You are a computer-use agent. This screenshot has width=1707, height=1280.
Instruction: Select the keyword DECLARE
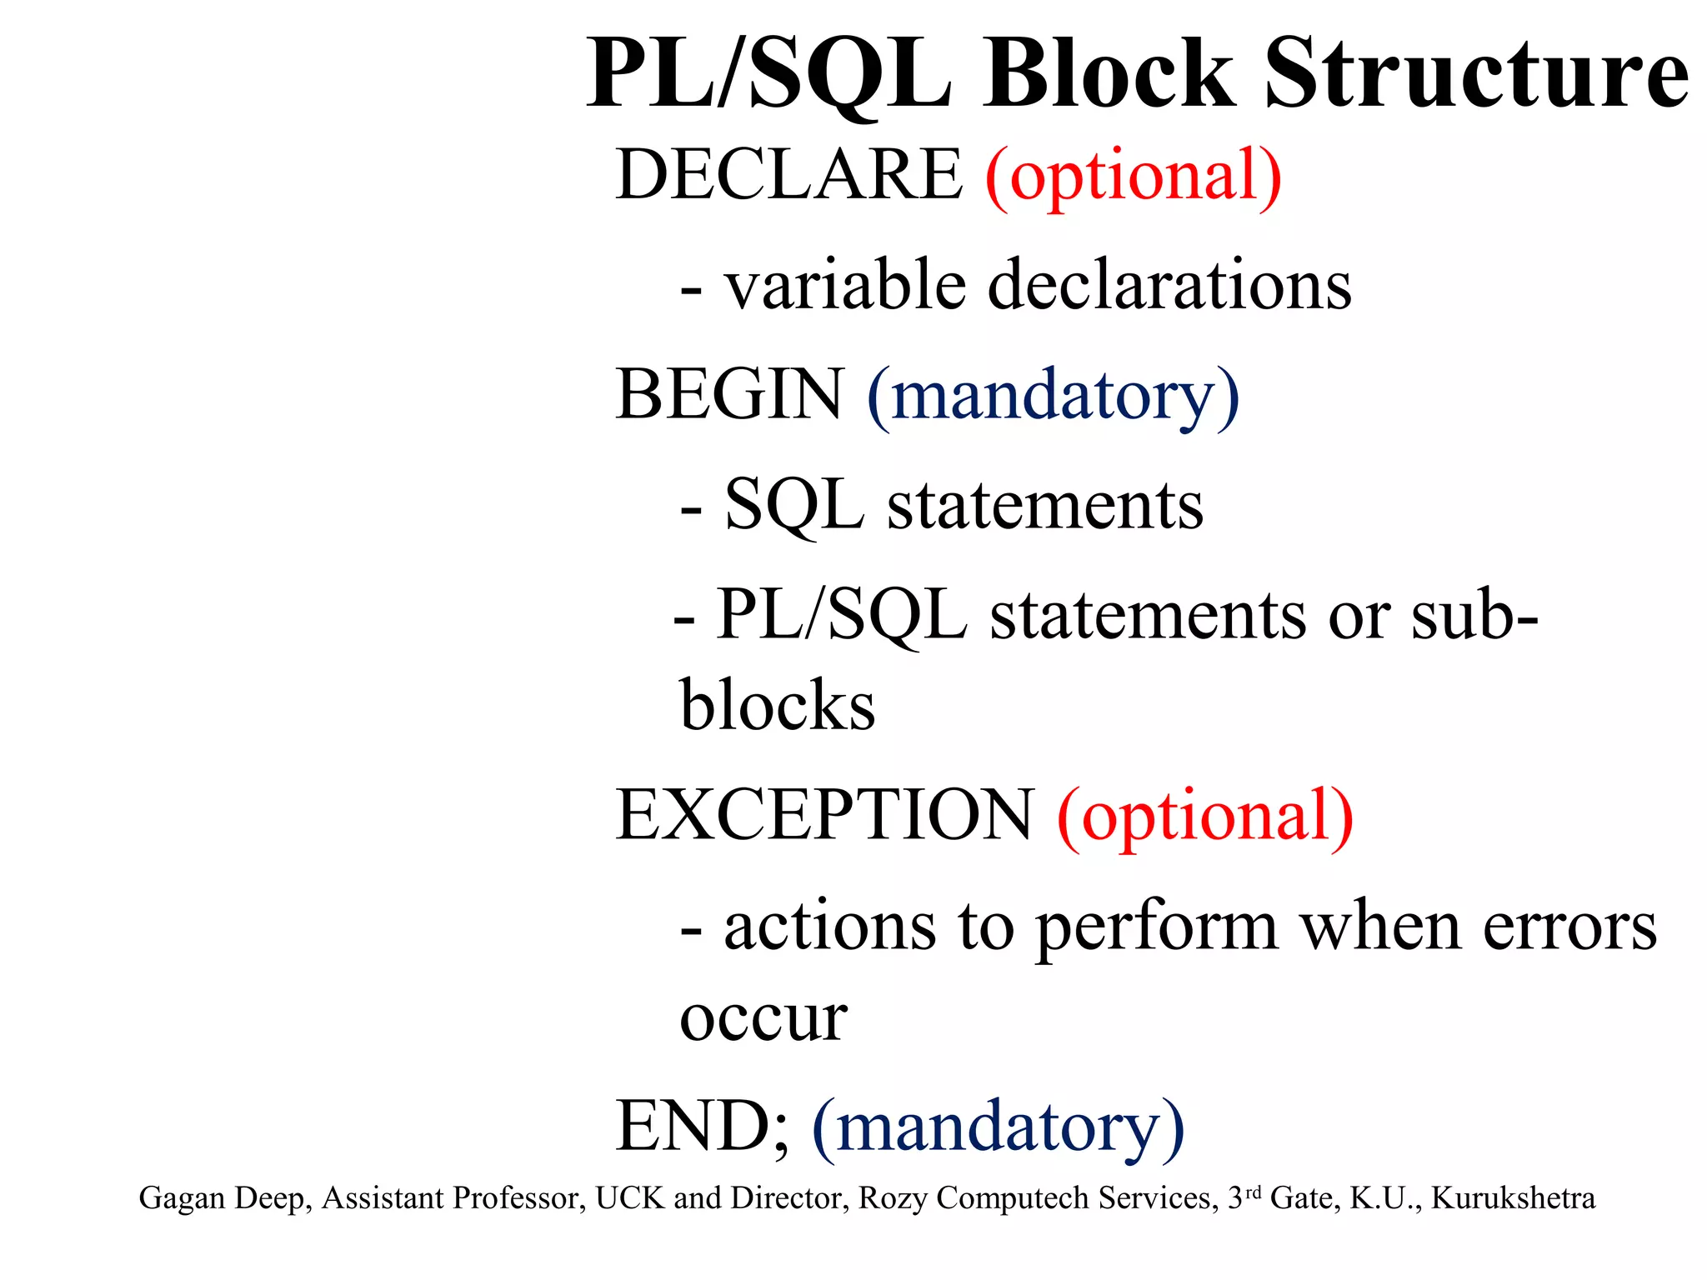coord(788,174)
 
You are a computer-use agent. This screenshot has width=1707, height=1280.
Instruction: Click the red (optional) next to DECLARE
coord(1133,176)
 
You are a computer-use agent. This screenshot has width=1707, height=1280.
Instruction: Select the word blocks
coord(778,705)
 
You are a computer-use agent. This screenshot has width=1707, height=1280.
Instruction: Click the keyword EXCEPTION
coord(824,815)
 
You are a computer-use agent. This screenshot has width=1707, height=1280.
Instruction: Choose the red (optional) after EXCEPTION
coord(1205,817)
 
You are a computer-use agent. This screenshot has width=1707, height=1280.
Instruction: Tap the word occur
coord(763,1018)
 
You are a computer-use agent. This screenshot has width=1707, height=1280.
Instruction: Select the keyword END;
coord(702,1126)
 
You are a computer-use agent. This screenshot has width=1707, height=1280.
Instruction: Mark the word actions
coord(829,927)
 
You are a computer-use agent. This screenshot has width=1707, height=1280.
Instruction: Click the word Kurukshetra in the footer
coord(1513,1198)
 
